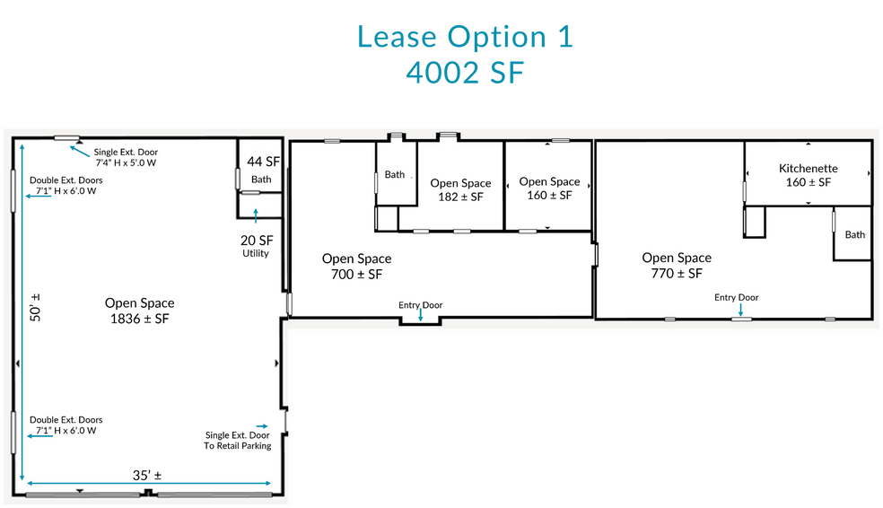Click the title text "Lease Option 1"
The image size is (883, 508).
(x=465, y=37)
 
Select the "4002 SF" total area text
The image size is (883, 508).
(x=464, y=73)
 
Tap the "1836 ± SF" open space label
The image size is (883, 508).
(x=139, y=319)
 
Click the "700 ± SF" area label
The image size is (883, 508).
(x=356, y=275)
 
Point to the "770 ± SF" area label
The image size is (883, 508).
(x=677, y=274)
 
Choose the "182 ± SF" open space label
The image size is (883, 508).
(x=460, y=197)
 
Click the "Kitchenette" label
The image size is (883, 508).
(x=808, y=168)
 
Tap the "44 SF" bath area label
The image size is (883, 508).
(x=261, y=162)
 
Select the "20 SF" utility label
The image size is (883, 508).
(x=256, y=241)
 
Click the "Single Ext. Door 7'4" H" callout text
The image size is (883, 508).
(x=127, y=158)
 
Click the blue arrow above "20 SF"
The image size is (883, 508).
(x=256, y=215)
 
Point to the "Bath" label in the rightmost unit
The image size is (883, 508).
(x=854, y=234)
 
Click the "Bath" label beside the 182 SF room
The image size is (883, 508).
(x=395, y=175)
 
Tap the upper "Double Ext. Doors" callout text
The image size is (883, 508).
(x=66, y=186)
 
